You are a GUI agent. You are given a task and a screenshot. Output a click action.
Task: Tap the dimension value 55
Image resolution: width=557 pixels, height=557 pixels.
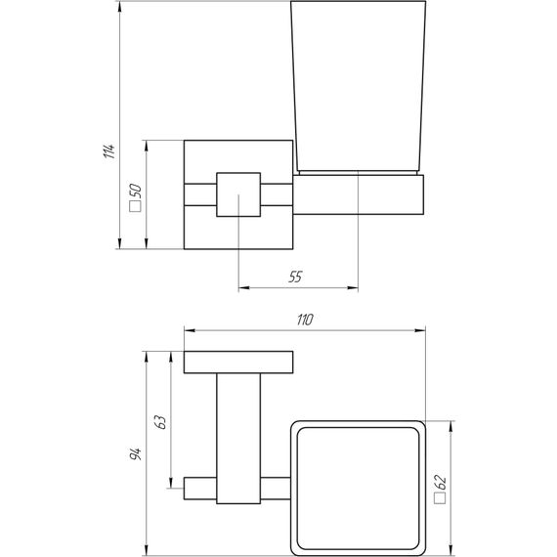[295, 278]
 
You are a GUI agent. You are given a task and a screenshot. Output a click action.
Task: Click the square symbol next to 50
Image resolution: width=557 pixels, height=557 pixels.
[136, 207]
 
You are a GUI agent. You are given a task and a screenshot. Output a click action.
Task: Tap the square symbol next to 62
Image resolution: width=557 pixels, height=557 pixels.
[441, 499]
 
